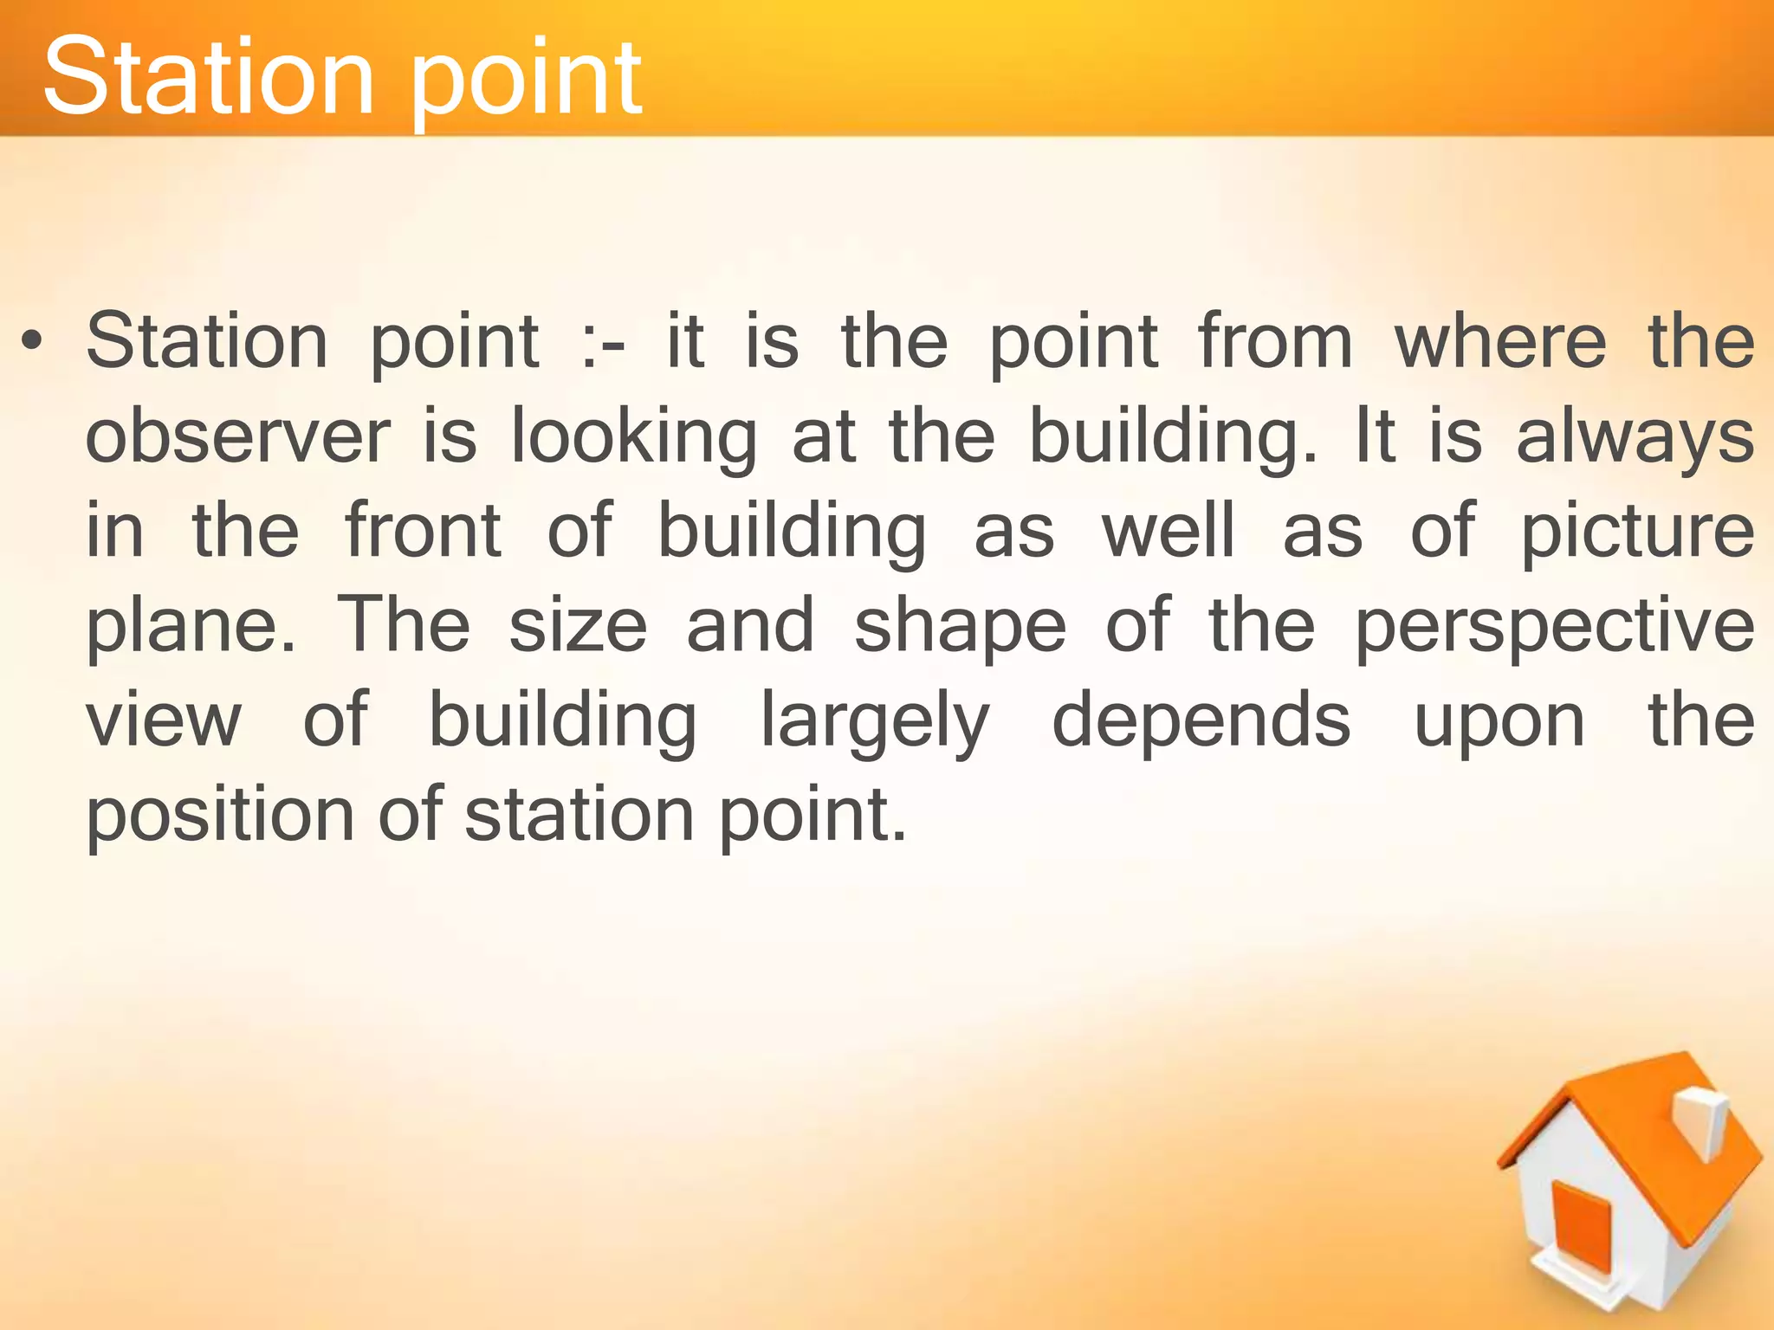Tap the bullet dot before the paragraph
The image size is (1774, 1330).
pos(32,344)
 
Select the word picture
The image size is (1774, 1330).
pos(1637,533)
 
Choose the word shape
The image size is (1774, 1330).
pos(960,629)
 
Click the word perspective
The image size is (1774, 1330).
pos(1554,629)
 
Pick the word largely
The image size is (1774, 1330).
pos(875,724)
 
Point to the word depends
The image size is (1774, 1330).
pos(1201,724)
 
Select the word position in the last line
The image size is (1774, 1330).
pos(220,816)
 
